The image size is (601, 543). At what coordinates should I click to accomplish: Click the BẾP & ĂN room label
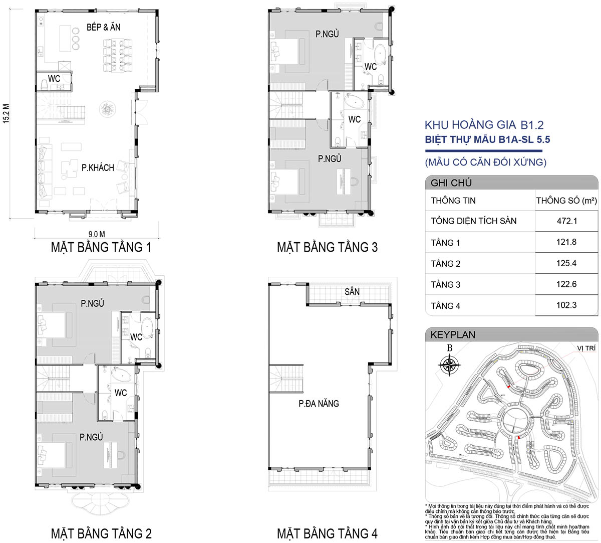click(103, 27)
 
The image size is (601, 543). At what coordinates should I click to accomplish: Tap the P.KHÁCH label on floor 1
click(98, 167)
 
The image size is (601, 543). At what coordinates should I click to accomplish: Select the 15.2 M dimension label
click(6, 114)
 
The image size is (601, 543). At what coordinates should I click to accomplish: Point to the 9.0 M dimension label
click(97, 234)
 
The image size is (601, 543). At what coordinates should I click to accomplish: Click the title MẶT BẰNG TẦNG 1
click(101, 248)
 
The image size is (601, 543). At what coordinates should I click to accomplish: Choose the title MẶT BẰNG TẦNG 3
click(327, 248)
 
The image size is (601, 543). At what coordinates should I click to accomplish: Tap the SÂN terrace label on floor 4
click(352, 292)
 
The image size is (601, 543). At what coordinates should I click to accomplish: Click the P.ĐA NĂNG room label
click(319, 404)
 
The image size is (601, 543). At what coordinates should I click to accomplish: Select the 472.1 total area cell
click(567, 221)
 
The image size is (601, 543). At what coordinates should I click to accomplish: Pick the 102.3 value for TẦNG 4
click(566, 305)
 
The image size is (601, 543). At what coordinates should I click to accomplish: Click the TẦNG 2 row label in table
click(446, 264)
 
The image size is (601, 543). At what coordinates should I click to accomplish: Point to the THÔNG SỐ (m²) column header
click(566, 201)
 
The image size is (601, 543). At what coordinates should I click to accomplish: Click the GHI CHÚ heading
click(451, 183)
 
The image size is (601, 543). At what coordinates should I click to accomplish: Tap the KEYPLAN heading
click(453, 335)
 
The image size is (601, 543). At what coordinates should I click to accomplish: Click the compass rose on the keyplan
click(449, 365)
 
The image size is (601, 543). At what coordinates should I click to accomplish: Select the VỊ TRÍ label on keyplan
click(586, 348)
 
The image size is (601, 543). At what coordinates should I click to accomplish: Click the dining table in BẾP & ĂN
click(118, 56)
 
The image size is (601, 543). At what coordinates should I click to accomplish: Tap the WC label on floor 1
click(54, 79)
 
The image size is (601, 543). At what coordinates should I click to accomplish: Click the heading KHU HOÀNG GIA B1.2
click(484, 125)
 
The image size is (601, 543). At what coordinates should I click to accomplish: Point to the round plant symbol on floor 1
click(107, 109)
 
